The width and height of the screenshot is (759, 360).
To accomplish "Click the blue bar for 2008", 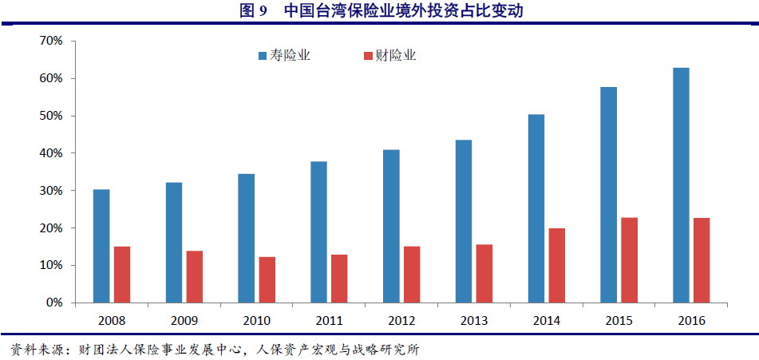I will click(101, 246).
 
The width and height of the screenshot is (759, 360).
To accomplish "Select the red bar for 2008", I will click(122, 275).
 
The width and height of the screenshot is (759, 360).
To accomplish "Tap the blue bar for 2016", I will click(681, 185).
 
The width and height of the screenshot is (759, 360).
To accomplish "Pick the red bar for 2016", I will click(702, 260).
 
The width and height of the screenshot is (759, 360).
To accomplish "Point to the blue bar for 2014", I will click(536, 208).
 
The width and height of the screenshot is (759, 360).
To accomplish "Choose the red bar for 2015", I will click(630, 260).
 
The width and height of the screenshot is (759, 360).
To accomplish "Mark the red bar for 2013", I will click(484, 273).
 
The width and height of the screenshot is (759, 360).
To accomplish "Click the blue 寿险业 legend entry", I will click(284, 56).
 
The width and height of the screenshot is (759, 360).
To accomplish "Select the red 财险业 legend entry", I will click(390, 56).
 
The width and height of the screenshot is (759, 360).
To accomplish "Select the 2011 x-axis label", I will click(330, 320).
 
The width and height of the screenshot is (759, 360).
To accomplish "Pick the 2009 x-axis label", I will click(184, 320).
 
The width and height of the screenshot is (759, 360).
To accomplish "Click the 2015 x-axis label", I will click(619, 320).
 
